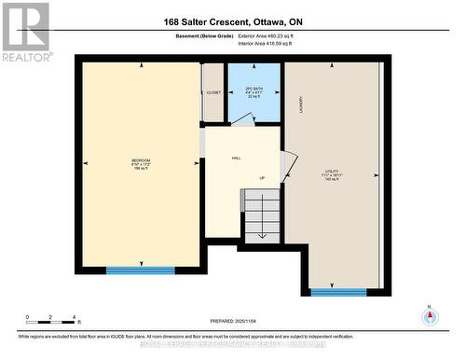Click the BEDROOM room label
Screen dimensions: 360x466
pos(141,165)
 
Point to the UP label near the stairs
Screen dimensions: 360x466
pos(262,178)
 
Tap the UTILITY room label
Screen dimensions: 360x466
pos(332,173)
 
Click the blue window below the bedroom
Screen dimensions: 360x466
pos(141,270)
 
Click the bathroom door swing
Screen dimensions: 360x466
pos(242,118)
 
